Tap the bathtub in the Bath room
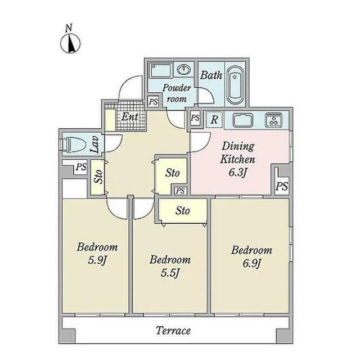pos(235,85)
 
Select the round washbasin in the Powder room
pos(184,70)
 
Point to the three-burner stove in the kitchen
pos(274,120)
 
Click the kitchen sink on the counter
pos(243,120)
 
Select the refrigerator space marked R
pos(214,119)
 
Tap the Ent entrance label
pos(130,117)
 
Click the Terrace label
pos(173,331)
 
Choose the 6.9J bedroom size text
pos(251,263)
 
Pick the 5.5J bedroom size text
pos(170,273)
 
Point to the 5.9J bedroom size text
pos(97,260)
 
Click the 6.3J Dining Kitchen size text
pos(237,173)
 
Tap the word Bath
pos(211,75)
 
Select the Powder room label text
pos(177,93)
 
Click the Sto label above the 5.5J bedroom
pos(182,211)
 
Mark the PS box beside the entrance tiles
pos(153,101)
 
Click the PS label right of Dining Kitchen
pos(282,186)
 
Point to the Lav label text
pos(94,145)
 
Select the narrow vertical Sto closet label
pos(98,176)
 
